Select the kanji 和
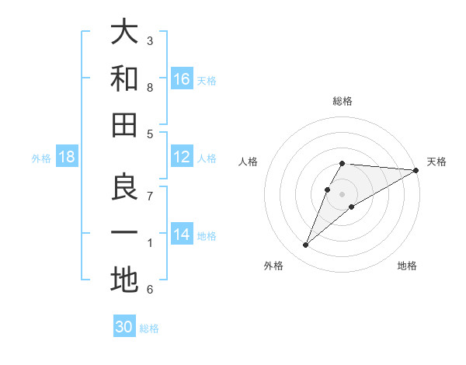[124, 78]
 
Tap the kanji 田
[124, 125]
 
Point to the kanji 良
[124, 187]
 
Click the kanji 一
[124, 234]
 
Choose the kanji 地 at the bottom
[124, 280]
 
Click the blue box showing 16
[182, 79]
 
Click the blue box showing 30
[124, 327]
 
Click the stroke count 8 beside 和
[150, 88]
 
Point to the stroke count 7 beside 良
[150, 195]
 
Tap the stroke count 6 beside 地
[150, 290]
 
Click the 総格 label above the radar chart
[343, 101]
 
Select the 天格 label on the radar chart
[436, 162]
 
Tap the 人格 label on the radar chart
[249, 162]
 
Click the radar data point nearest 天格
[416, 170]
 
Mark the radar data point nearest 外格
[306, 245]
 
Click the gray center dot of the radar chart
[343, 194]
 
